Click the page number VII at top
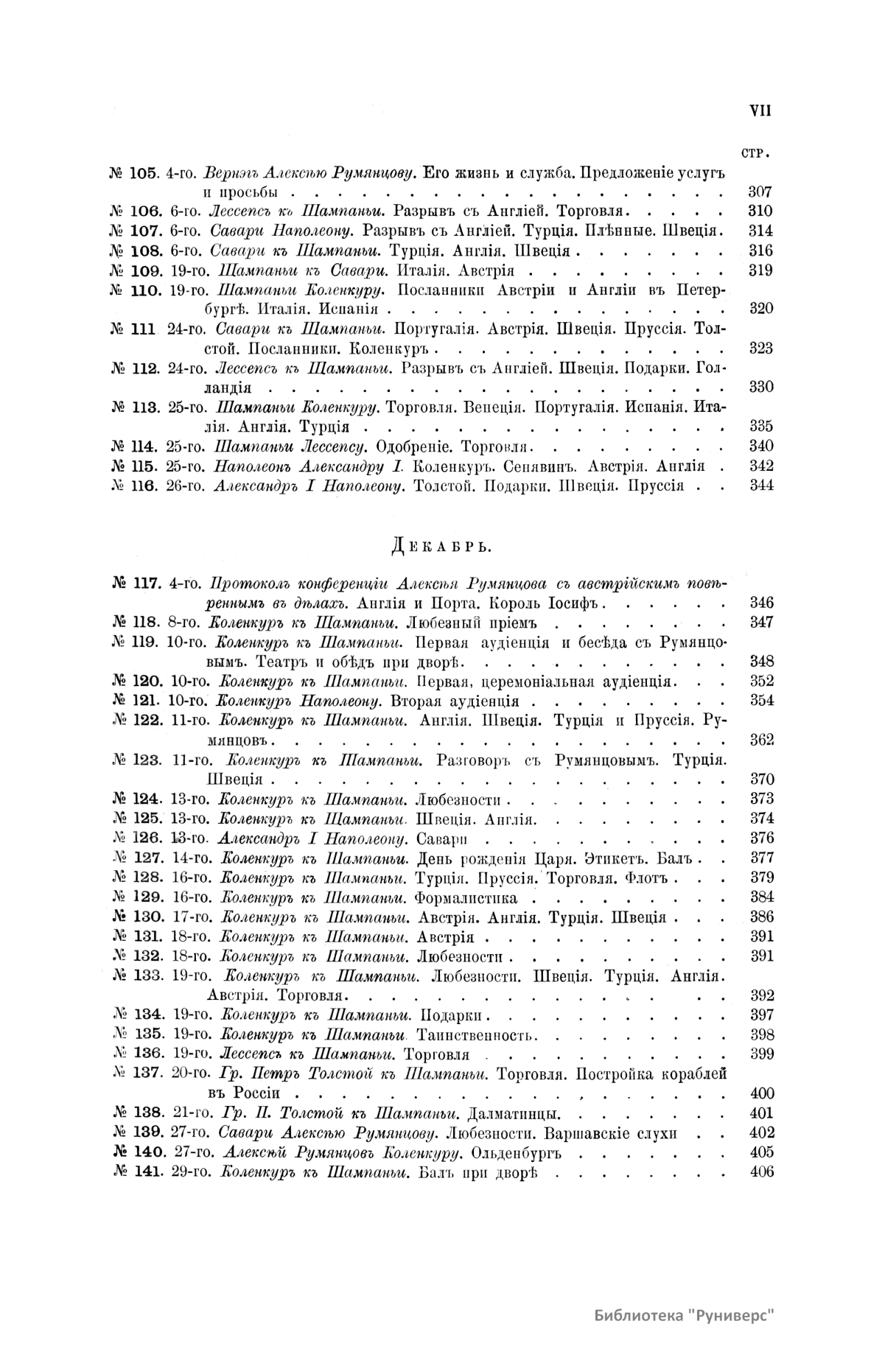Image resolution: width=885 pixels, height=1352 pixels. click(760, 111)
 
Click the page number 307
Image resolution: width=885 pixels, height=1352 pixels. click(760, 192)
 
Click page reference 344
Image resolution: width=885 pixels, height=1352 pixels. click(760, 486)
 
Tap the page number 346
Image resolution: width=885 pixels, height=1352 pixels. click(760, 603)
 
